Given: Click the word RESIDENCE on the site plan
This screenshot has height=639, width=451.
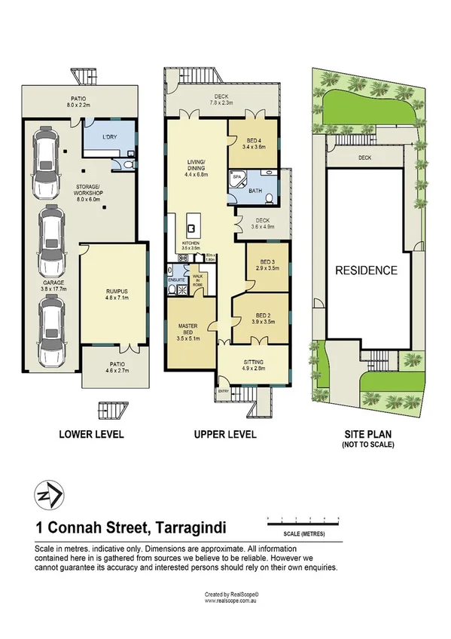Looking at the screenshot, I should click(x=366, y=271).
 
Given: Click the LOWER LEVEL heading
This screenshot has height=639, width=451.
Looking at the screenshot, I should click(x=91, y=434).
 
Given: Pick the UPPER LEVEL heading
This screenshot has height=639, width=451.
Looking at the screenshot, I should click(x=224, y=434).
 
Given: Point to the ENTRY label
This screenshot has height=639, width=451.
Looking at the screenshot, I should click(x=224, y=391).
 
